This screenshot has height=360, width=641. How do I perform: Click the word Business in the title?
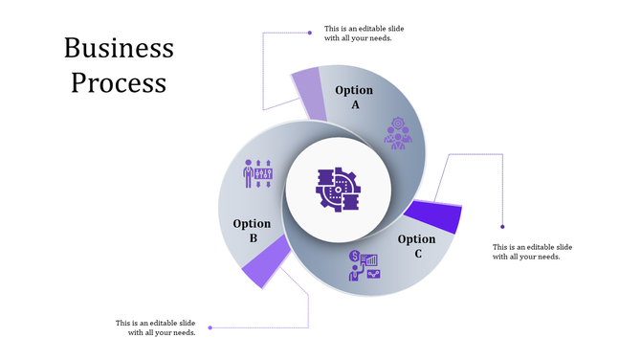(x=119, y=49)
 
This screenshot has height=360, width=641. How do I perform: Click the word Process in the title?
(x=119, y=83)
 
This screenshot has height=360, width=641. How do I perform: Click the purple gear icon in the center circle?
(x=338, y=189)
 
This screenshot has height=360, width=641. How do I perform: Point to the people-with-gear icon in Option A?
(x=398, y=133)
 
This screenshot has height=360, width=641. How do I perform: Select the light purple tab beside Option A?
(x=309, y=94)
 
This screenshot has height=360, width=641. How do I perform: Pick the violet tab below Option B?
(x=265, y=263)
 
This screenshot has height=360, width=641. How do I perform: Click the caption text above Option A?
(x=363, y=34)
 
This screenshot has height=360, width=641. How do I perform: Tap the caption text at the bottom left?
(x=155, y=327)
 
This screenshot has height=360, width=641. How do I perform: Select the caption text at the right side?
(x=532, y=252)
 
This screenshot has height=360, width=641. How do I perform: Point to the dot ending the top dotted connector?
(x=309, y=33)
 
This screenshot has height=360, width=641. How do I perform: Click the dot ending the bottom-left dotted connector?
(x=210, y=327)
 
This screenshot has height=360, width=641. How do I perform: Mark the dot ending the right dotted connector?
(x=503, y=227)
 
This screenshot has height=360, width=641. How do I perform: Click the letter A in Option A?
(x=355, y=104)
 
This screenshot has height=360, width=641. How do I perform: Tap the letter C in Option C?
(x=418, y=254)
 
